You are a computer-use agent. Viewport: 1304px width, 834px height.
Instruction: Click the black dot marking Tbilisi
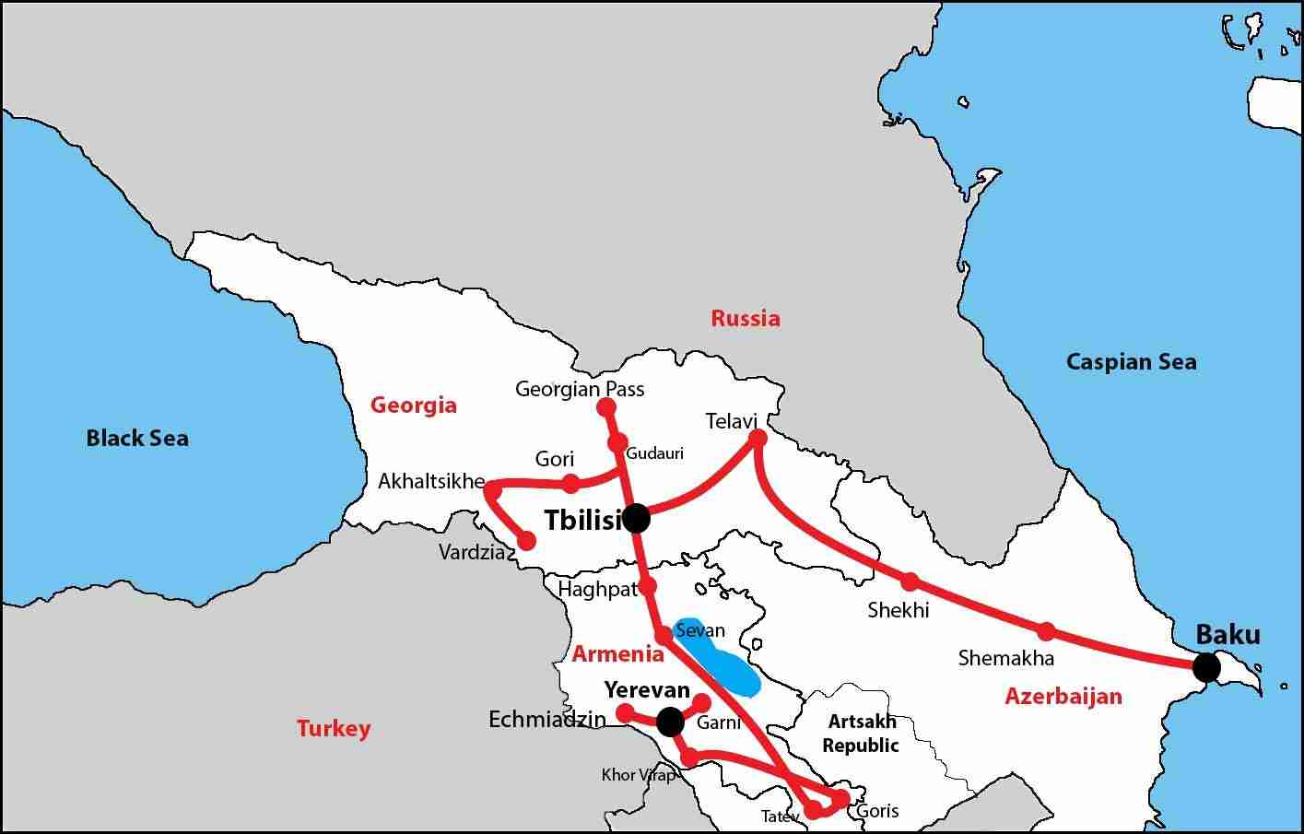(636, 519)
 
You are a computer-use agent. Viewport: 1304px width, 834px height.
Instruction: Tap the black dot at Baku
(1205, 667)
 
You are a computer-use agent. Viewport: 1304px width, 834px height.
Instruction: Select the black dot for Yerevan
(670, 721)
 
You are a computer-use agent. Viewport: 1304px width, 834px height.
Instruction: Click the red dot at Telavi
(758, 439)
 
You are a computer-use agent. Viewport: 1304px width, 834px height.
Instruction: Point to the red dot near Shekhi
(910, 581)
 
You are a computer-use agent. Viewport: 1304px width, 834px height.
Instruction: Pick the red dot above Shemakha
(1046, 631)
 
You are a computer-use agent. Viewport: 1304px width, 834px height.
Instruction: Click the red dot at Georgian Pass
(606, 407)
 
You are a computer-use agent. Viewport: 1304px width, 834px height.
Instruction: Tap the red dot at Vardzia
(526, 541)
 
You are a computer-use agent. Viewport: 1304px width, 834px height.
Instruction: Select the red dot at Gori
(571, 483)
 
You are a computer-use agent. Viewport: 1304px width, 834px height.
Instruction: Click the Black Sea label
(137, 438)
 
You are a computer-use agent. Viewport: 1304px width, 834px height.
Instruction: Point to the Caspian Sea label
(1131, 361)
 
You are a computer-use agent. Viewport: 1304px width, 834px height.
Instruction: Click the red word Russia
(745, 319)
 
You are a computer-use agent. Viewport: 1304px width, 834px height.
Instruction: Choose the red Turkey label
(334, 729)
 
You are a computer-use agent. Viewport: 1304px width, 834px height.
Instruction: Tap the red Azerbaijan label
(1063, 696)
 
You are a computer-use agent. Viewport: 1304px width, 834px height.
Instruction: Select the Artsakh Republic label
(861, 734)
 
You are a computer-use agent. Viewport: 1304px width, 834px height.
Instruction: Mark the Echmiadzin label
(547, 720)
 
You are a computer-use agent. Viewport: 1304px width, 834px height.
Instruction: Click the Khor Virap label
(638, 775)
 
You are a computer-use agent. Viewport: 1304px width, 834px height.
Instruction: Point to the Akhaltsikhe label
(431, 481)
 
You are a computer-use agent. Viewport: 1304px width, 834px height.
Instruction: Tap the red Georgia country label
(413, 405)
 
